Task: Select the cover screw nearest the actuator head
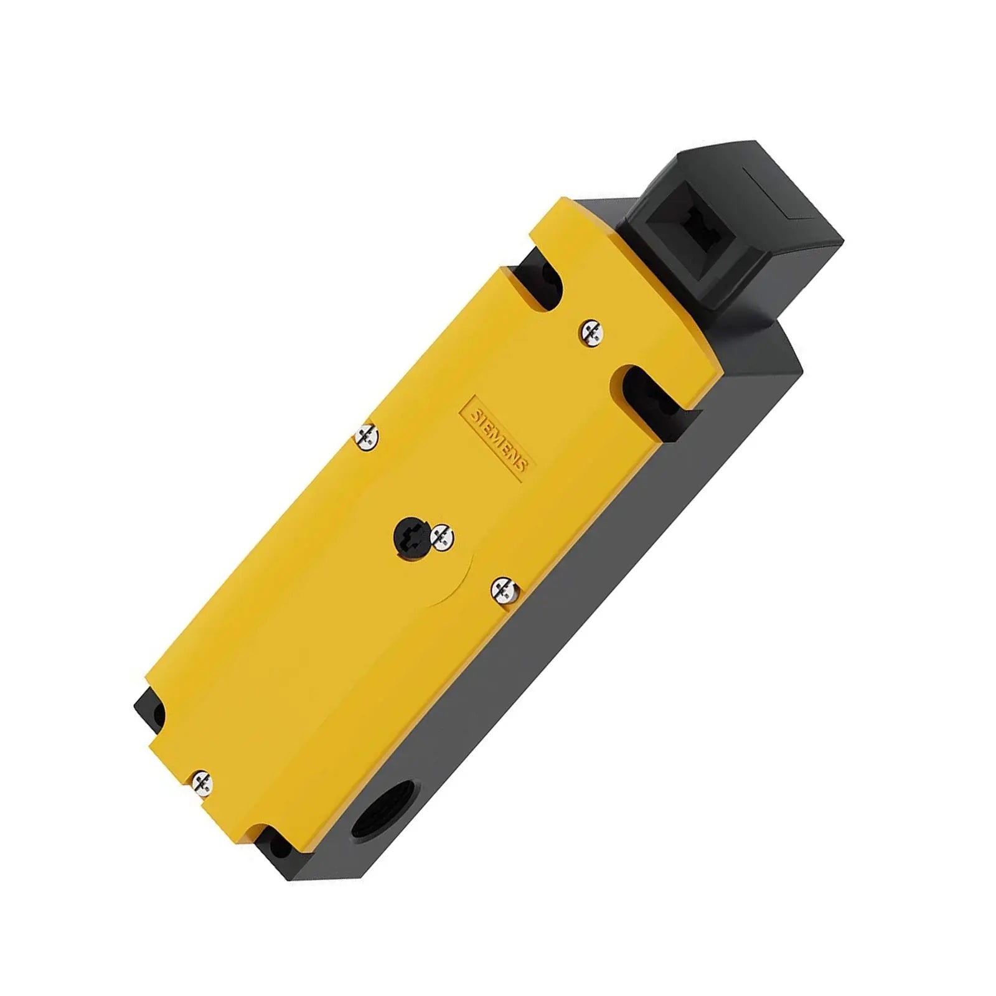590,331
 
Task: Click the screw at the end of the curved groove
504,590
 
